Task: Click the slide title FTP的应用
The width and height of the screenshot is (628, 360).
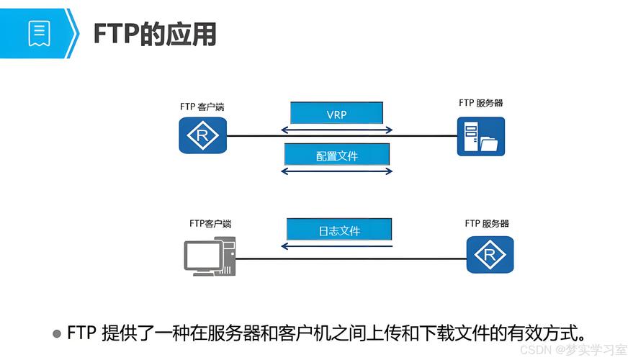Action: [x=155, y=34]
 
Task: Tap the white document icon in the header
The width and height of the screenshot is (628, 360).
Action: [x=39, y=34]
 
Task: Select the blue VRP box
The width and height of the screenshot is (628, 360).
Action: [x=336, y=113]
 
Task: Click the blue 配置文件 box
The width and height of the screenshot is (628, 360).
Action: [x=337, y=155]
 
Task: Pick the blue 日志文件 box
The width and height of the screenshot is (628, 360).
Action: [x=339, y=230]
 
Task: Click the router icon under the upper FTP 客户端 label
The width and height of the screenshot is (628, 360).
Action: [x=202, y=135]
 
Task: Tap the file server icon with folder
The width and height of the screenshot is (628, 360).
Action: [x=481, y=136]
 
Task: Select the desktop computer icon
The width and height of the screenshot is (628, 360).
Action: [x=210, y=256]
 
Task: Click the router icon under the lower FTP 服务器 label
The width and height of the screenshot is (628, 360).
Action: [x=490, y=255]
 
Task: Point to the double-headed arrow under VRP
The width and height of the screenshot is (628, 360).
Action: [x=337, y=130]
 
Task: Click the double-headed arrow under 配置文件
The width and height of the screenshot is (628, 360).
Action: [x=337, y=171]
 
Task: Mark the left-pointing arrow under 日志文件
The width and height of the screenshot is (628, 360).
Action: [x=337, y=246]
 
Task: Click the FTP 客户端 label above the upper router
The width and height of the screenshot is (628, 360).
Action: [x=202, y=107]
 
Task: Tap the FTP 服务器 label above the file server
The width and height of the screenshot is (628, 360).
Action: [x=480, y=103]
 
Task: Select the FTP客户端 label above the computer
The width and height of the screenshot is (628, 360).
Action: [x=210, y=223]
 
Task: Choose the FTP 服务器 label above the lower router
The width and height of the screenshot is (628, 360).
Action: [x=487, y=223]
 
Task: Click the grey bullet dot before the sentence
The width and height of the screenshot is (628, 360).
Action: [x=57, y=333]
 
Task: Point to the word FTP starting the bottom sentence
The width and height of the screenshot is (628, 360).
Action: [x=81, y=333]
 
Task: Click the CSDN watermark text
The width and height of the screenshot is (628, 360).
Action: [x=573, y=350]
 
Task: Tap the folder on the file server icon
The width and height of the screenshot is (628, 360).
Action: [x=489, y=144]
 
